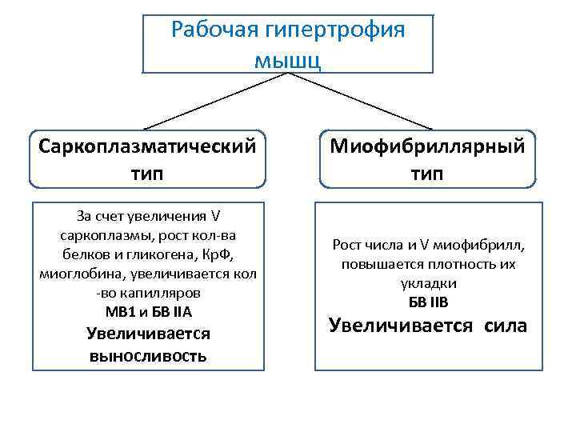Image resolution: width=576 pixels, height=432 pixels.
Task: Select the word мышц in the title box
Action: [288, 60]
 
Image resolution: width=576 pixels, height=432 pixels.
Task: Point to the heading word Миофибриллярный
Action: [427, 147]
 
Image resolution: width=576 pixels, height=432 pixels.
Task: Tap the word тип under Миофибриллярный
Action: [427, 174]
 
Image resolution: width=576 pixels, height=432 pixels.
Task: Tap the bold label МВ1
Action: [121, 312]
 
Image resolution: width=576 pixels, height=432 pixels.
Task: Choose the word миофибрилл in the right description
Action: [496, 246]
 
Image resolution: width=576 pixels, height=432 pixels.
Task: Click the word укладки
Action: [428, 283]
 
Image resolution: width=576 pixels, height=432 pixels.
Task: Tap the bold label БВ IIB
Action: [428, 302]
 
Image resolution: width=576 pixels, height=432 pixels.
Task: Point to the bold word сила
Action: [506, 326]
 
